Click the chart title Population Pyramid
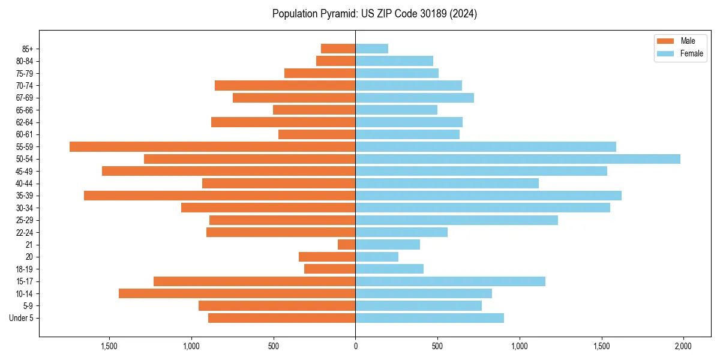[x=374, y=14]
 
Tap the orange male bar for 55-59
[x=212, y=146]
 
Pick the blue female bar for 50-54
[x=518, y=159]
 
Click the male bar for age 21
[x=347, y=245]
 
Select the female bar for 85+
[x=372, y=49]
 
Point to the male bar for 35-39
[x=220, y=196]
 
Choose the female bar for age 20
[x=377, y=257]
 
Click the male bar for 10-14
[x=237, y=293]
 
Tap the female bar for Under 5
[x=430, y=318]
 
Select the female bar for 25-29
[x=457, y=220]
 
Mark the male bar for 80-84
[x=336, y=61]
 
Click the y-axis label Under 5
[x=22, y=318]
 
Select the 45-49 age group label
[x=25, y=171]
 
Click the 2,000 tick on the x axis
[x=683, y=346]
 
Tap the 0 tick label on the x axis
[x=355, y=346]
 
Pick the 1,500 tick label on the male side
[x=109, y=346]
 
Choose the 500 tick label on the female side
[x=437, y=346]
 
